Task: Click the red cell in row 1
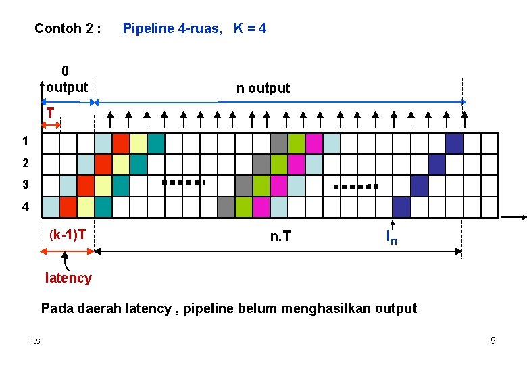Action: coord(121,143)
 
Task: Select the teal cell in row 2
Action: coord(139,164)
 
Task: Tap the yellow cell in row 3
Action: coord(103,185)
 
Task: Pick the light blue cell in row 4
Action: coord(51,207)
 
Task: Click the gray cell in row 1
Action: coord(279,143)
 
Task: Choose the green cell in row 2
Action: coord(279,164)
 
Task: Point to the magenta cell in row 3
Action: coord(279,185)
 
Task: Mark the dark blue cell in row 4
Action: coord(402,207)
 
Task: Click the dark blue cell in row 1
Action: coord(455,143)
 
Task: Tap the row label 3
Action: coord(26,185)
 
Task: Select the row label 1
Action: coord(25,142)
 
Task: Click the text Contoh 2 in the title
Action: coord(68,28)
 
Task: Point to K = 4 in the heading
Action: coord(250,28)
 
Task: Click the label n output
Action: coord(263,88)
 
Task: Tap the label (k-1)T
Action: coord(68,235)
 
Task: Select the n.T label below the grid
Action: coord(280,236)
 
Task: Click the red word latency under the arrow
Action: coord(68,278)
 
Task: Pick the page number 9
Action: coord(493,341)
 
